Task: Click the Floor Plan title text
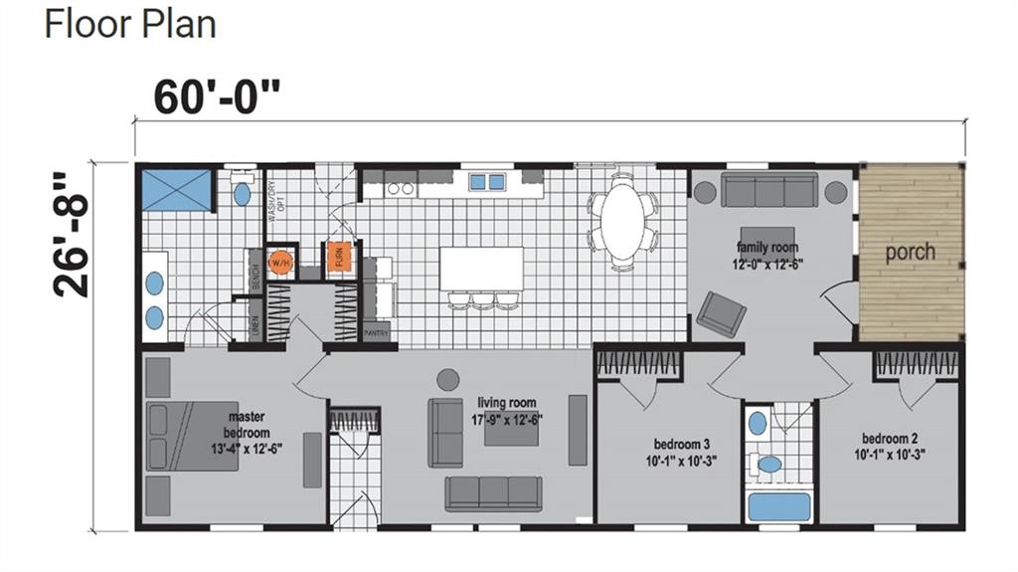[130, 24]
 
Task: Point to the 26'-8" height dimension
[73, 235]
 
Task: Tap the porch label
[910, 252]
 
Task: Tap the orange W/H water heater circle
[279, 262]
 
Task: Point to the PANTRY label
[376, 333]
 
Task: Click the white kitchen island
[481, 269]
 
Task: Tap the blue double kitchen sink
[486, 182]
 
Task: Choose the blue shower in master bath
[176, 190]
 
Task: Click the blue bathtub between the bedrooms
[778, 506]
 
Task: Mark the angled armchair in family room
[721, 314]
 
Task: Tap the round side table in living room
[448, 379]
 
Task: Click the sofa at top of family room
[768, 189]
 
